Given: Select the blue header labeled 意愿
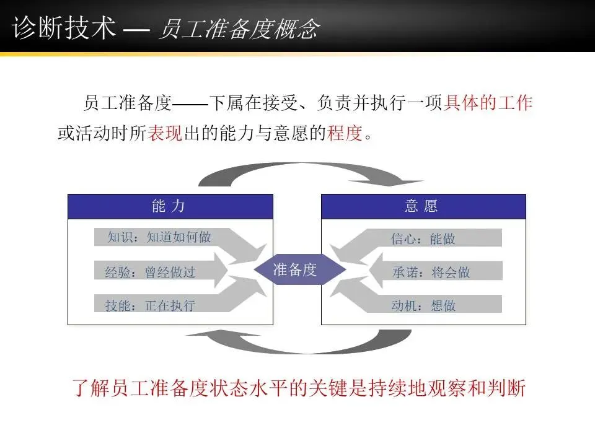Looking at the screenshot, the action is [423, 206].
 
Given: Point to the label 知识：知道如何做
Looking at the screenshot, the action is [159, 237].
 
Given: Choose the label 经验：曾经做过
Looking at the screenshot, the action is [151, 272].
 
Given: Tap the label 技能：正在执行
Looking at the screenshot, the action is [151, 305].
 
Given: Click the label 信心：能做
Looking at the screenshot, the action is [423, 238].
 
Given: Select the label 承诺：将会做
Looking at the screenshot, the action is [431, 272].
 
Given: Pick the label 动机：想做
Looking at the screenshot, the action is [423, 305].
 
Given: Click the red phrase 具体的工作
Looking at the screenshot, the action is [488, 103].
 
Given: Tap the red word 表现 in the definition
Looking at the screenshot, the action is [164, 133].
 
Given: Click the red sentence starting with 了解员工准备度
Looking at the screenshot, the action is [299, 389].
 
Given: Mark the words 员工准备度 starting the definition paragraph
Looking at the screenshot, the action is [126, 103].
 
